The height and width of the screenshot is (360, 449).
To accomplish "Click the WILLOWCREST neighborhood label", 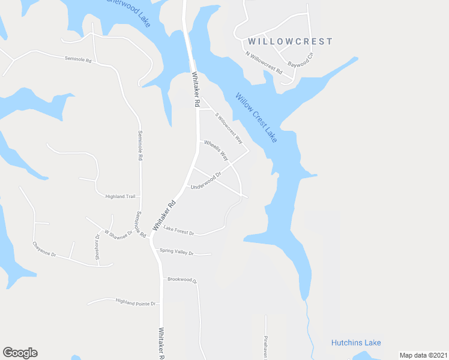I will [289, 41].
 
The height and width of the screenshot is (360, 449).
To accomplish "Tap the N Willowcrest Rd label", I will [264, 62].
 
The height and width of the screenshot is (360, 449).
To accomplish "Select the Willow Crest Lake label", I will [256, 118].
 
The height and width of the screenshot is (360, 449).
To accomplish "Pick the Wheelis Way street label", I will [216, 149].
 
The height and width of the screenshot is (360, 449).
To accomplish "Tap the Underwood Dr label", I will [206, 181].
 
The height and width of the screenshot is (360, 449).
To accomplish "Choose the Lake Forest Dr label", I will [179, 230].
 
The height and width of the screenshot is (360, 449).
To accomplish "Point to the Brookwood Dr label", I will [182, 280].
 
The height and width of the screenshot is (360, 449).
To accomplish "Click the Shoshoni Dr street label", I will [98, 247].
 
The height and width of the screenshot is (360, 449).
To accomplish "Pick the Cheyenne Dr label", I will [44, 250].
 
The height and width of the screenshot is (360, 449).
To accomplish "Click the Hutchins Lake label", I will [356, 343].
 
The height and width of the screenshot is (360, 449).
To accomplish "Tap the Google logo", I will [20, 353].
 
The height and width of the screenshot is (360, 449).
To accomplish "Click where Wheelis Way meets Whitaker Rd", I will [199, 142].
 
